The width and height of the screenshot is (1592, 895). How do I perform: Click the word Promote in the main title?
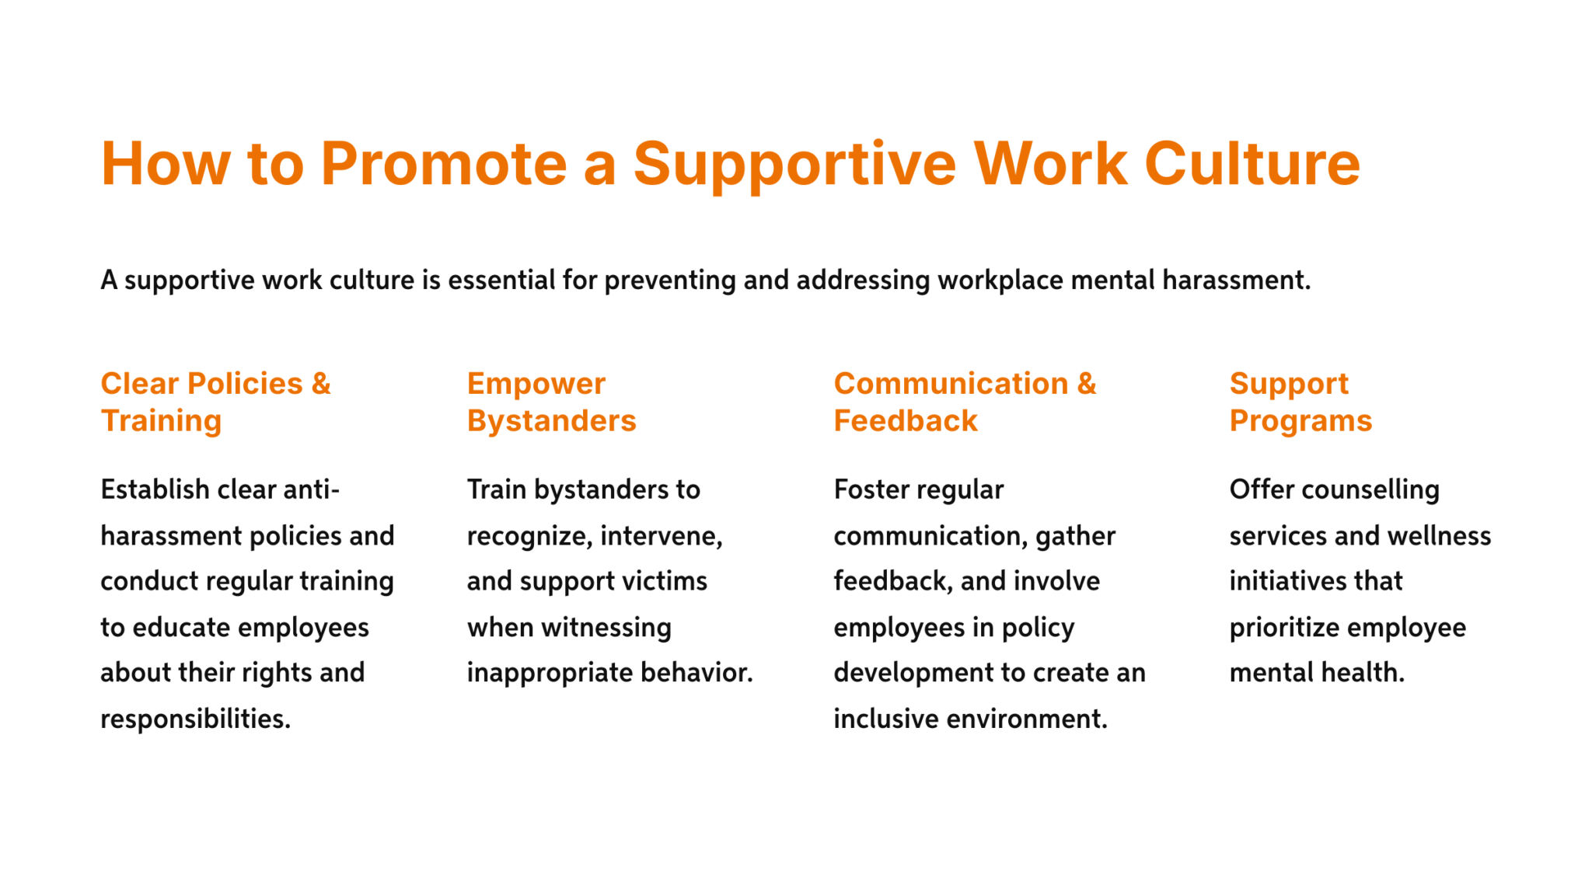click(444, 164)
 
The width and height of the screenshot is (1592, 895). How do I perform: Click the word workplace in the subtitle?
click(1000, 280)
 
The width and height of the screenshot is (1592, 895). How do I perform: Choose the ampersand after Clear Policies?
click(320, 384)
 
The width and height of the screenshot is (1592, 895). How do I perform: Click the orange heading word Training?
click(161, 421)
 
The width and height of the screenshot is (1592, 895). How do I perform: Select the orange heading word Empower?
click(536, 384)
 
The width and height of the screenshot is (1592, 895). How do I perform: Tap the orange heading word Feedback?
click(905, 421)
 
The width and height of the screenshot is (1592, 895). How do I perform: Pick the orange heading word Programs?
click(1300, 421)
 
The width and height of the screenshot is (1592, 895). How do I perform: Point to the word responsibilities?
click(195, 719)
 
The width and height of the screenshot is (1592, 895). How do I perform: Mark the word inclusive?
click(885, 719)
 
